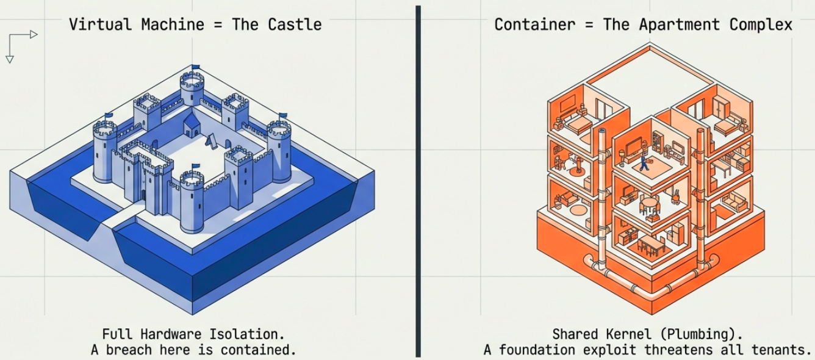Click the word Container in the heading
coord(527,24)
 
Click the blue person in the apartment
coord(643,162)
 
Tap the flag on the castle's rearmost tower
coord(195,67)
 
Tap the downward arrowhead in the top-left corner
coord(10,59)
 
